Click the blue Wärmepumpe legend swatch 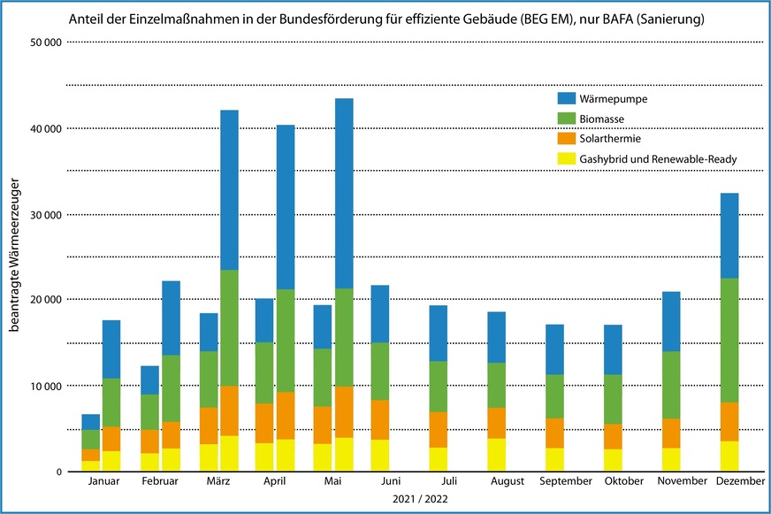[567, 98]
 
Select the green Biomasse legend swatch [567, 119]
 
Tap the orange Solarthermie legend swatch [567, 139]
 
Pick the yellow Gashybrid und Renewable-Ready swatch [567, 159]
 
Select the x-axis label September [565, 481]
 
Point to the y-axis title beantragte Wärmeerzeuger [15, 257]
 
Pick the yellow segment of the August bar [497, 455]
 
